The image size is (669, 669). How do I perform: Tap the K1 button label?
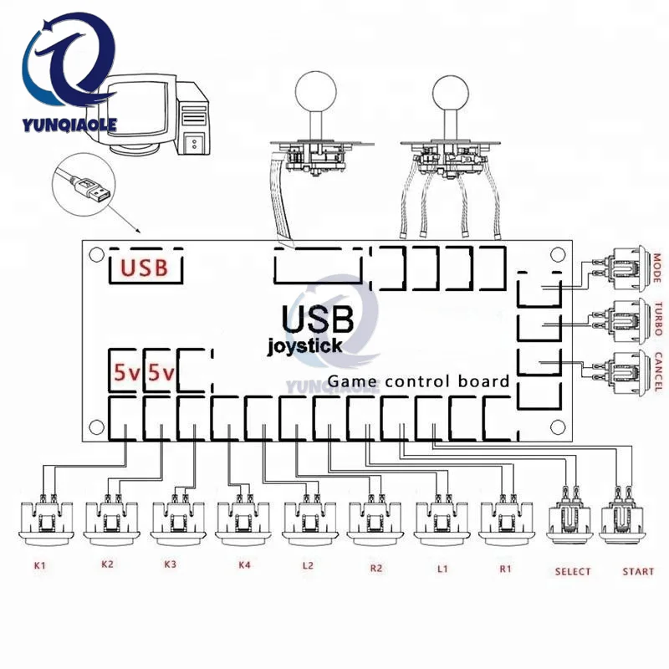pyautogui.click(x=38, y=566)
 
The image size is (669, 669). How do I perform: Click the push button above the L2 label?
pyautogui.click(x=308, y=518)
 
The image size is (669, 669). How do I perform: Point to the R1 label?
pyautogui.click(x=505, y=568)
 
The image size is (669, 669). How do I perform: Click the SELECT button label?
pyautogui.click(x=572, y=572)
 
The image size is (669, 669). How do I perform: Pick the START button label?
pyautogui.click(x=638, y=572)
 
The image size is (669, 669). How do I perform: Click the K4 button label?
pyautogui.click(x=244, y=565)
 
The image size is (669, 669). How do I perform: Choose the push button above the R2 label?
pyautogui.click(x=372, y=518)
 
